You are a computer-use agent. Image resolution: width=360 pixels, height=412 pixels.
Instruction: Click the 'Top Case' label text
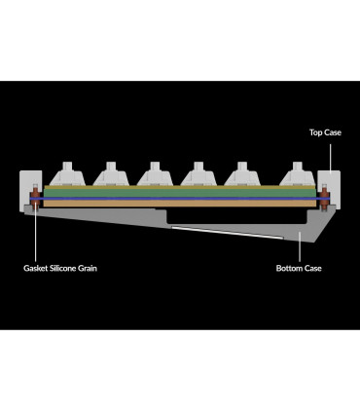tap(325, 132)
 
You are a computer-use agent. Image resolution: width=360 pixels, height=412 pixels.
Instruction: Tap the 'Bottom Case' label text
tap(299, 268)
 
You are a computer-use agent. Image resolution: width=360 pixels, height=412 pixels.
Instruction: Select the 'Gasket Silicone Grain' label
tap(60, 268)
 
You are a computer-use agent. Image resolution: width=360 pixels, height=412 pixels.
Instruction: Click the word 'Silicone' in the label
tap(63, 268)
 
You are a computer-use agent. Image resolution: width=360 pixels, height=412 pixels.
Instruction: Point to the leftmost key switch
tap(67, 173)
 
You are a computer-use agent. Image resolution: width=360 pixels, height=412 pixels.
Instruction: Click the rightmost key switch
tap(298, 173)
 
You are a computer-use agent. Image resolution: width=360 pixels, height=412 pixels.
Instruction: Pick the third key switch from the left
tap(155, 173)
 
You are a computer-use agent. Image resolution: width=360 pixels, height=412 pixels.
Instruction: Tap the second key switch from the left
tap(111, 173)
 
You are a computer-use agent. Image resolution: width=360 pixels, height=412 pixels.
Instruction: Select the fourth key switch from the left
tap(198, 173)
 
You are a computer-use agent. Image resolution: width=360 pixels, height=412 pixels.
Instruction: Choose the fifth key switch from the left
tap(242, 173)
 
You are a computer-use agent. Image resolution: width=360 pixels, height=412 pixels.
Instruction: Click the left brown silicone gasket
tap(35, 198)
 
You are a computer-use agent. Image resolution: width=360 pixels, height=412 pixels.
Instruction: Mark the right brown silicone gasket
tap(324, 198)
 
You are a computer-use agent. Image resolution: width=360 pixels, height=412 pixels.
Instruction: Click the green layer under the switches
tap(180, 193)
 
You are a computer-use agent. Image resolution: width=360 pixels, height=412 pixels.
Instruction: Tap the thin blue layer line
tap(180, 199)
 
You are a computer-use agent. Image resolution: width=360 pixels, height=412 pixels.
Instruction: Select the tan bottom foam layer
tap(180, 204)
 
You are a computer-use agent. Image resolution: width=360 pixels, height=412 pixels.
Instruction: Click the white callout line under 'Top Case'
tap(331, 158)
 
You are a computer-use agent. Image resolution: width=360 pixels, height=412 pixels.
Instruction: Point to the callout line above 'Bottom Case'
tap(300, 246)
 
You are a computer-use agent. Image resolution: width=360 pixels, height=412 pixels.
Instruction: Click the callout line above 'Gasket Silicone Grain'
tap(35, 236)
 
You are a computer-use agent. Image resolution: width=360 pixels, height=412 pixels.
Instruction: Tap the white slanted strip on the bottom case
tap(227, 233)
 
